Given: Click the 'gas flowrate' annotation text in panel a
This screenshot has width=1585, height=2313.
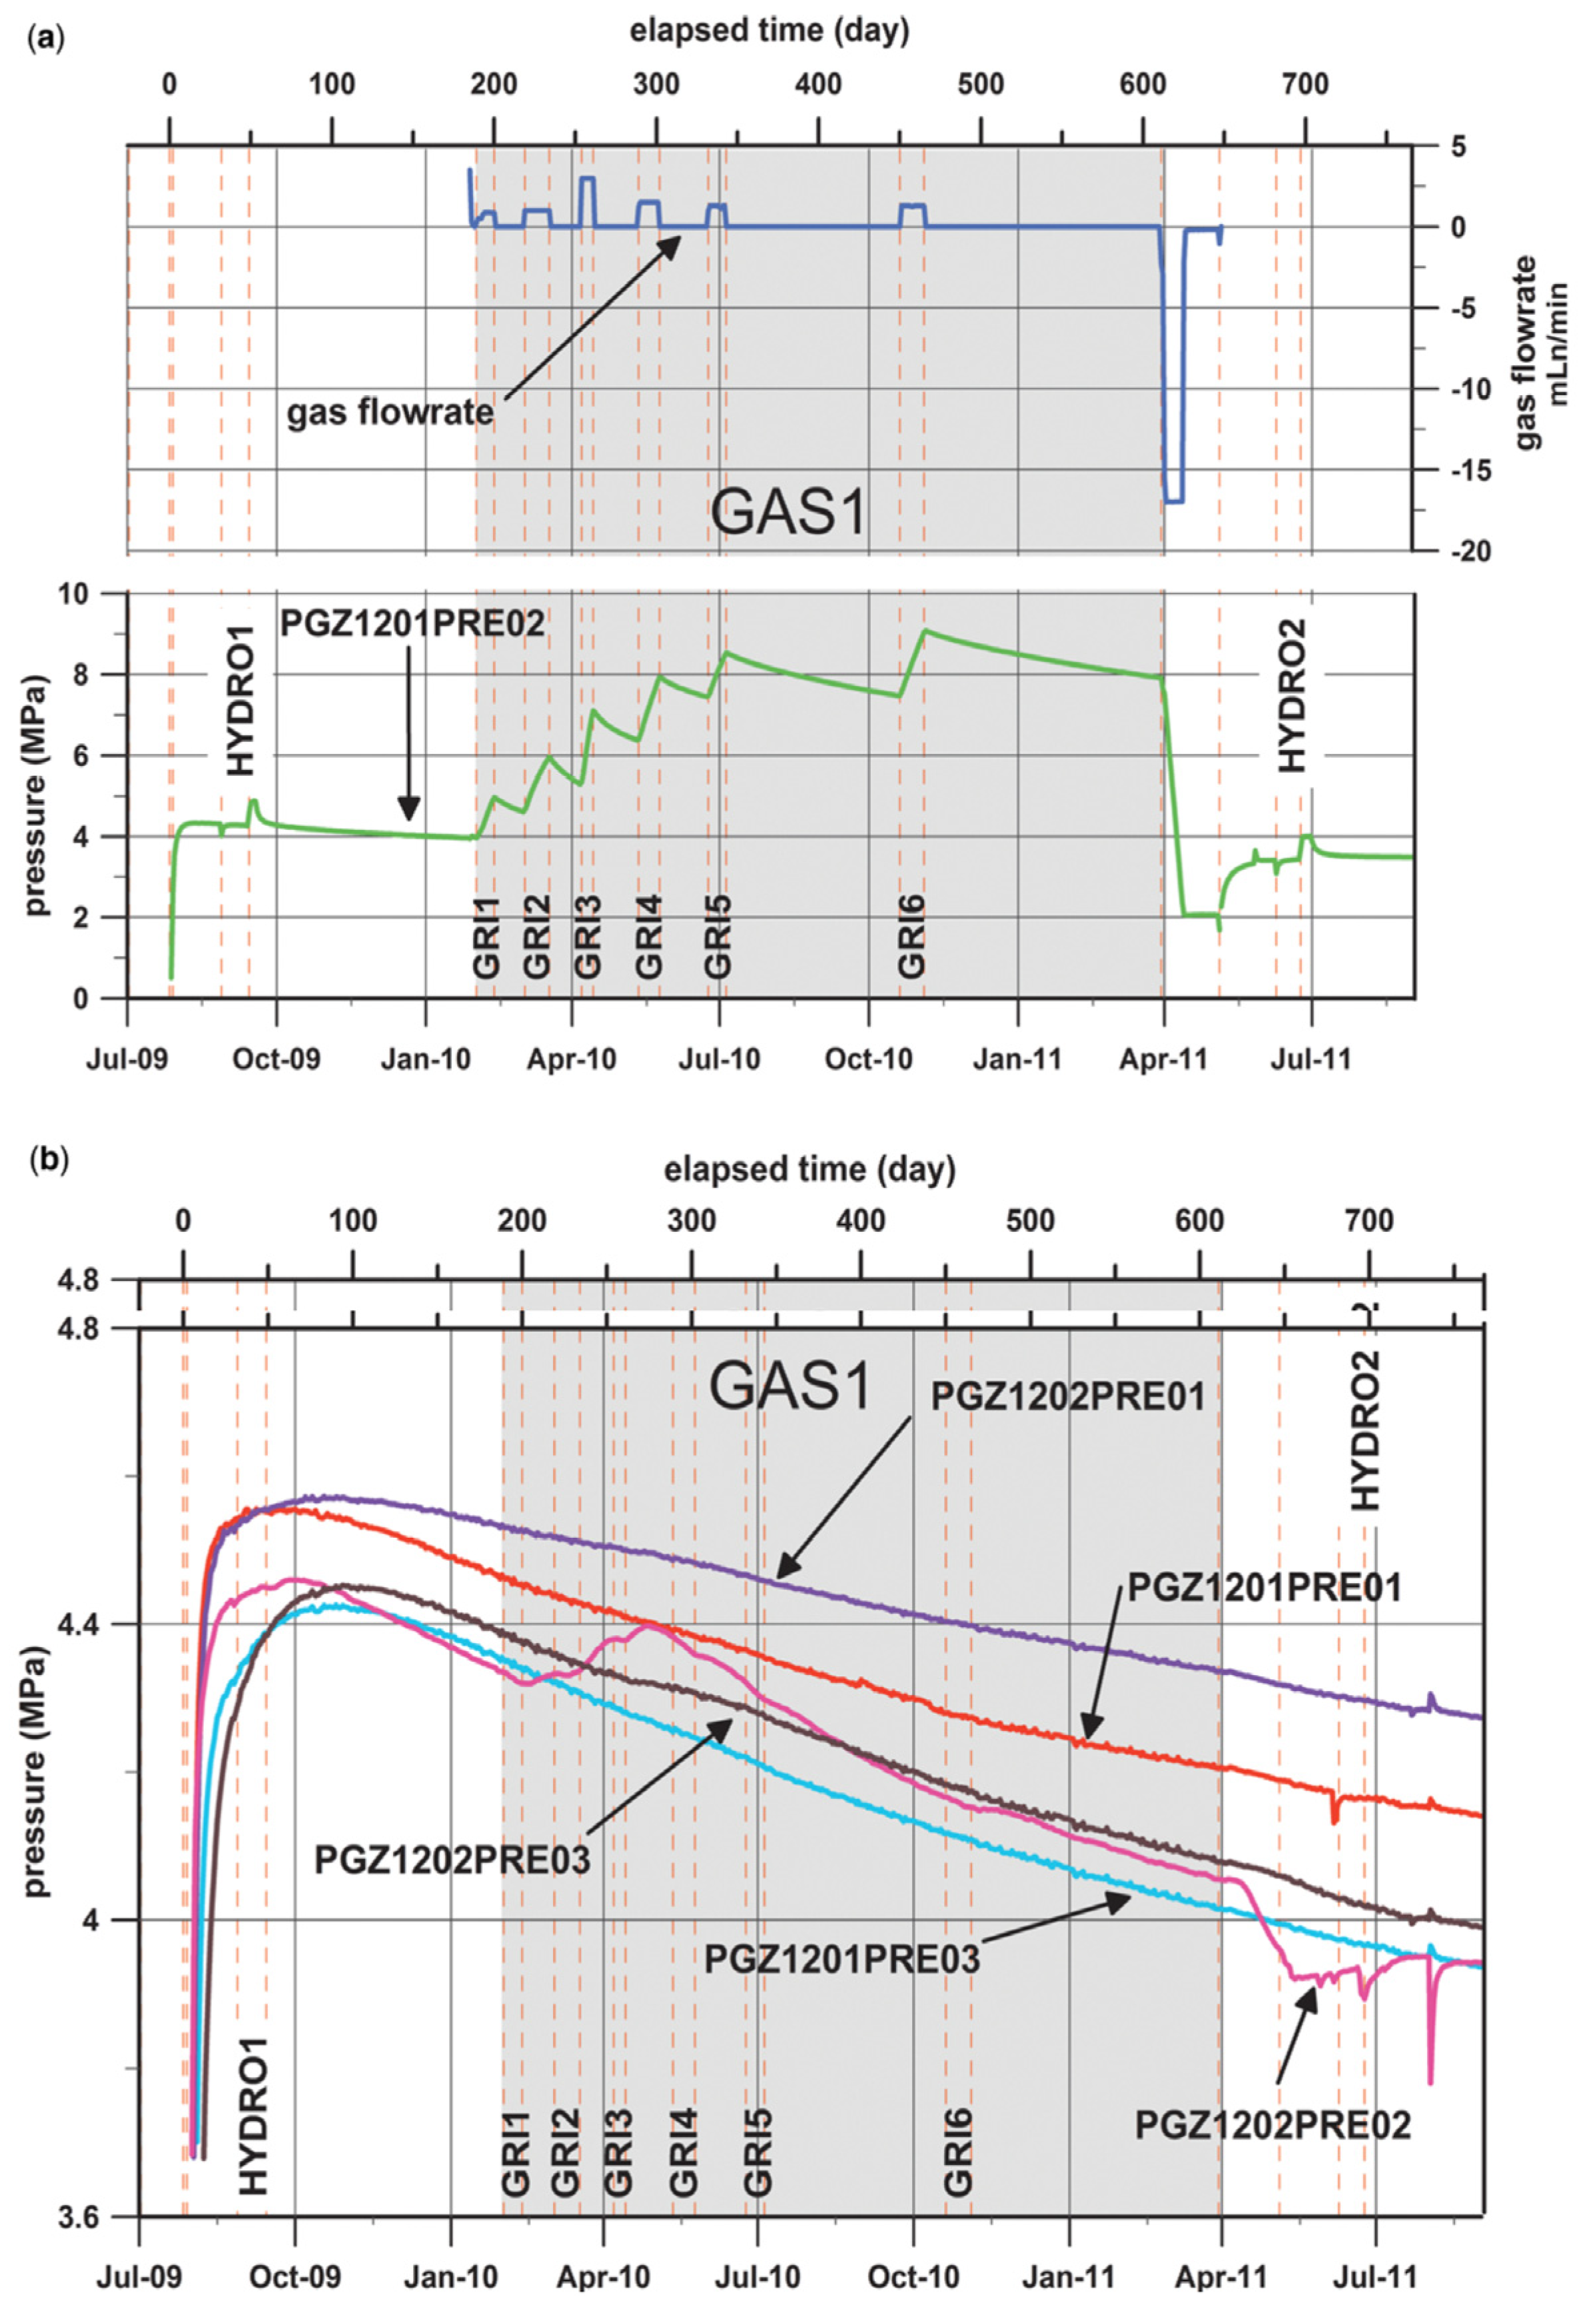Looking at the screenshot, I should tap(390, 411).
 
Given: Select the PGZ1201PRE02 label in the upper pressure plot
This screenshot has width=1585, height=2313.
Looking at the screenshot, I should tap(412, 624).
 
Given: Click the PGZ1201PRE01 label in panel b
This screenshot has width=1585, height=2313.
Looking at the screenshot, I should tap(1264, 1588).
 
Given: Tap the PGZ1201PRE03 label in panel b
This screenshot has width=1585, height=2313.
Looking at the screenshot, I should tap(841, 1960).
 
